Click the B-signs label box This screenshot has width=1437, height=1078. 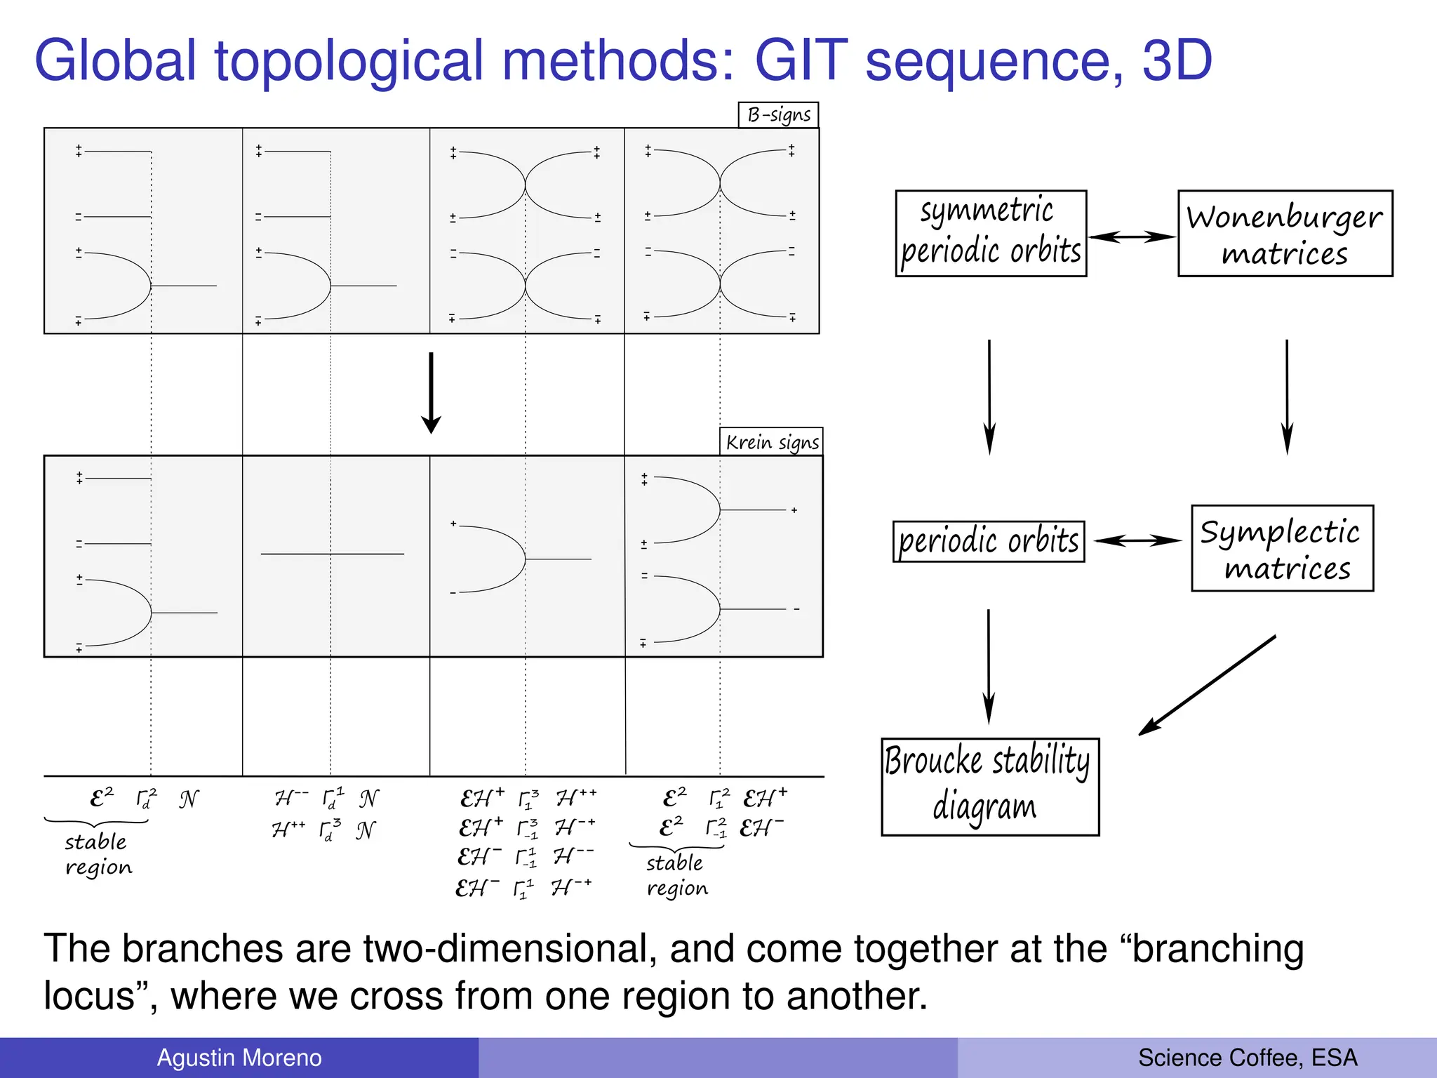click(778, 115)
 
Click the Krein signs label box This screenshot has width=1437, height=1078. click(771, 442)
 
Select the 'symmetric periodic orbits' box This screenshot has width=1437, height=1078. click(991, 233)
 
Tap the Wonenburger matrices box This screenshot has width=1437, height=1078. click(1285, 233)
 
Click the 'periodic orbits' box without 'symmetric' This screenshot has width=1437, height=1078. click(988, 541)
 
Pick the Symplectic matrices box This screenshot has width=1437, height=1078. click(1282, 548)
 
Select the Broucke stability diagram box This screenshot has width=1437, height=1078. click(989, 787)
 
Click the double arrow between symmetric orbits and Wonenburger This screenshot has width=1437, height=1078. click(1132, 237)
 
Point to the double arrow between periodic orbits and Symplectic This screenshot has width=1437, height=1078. click(1137, 540)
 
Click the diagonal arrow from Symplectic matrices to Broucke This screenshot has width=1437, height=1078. click(1207, 685)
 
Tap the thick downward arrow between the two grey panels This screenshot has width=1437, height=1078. click(431, 393)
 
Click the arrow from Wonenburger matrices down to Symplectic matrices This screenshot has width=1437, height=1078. click(1287, 397)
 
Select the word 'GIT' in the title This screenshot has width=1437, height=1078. click(801, 60)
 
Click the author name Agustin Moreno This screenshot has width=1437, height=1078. click(239, 1058)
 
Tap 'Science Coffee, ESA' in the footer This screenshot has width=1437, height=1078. click(1248, 1058)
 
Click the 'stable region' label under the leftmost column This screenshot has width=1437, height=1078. click(98, 854)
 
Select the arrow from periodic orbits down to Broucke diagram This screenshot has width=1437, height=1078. click(989, 666)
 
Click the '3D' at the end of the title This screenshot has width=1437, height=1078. click(1177, 60)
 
